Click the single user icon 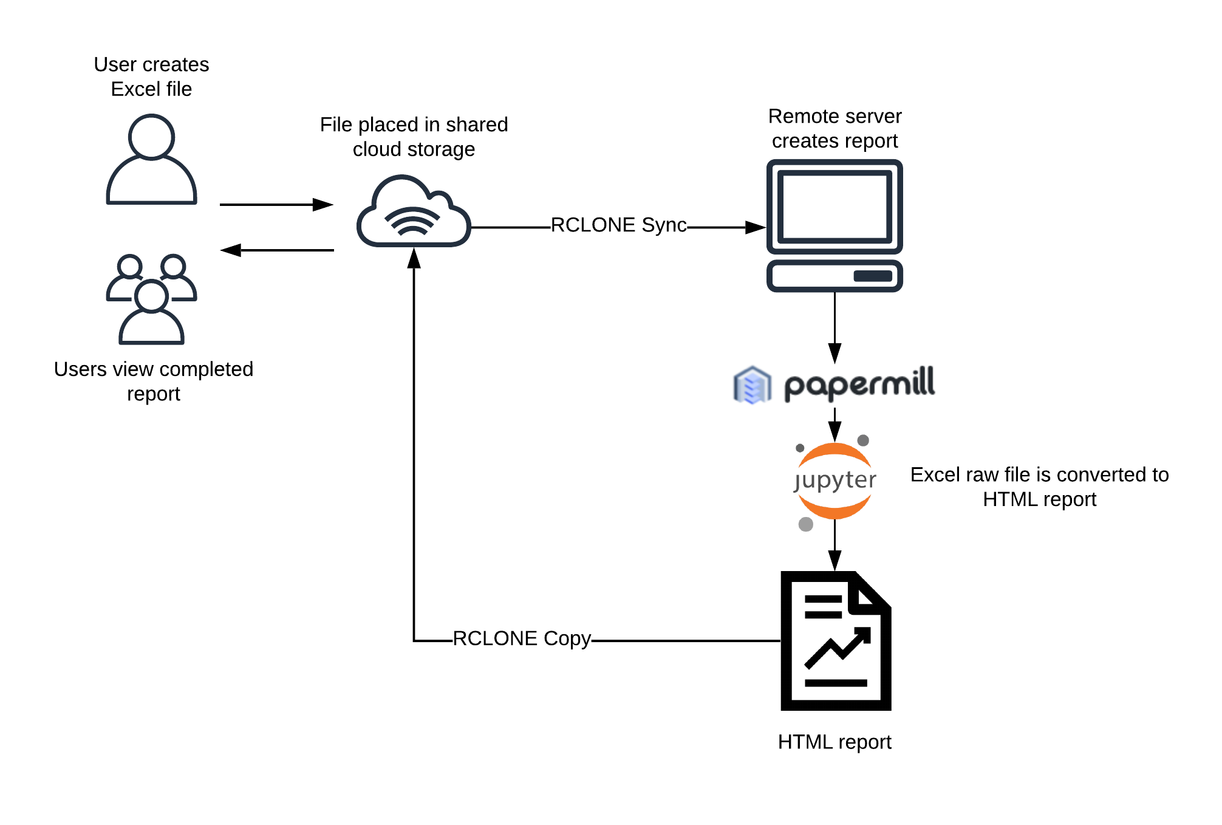point(151,160)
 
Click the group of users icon point(151,299)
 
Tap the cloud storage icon point(414,213)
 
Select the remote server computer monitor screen point(835,207)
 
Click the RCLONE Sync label point(618,225)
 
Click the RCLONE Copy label point(522,638)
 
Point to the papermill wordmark point(859,383)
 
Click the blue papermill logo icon point(752,385)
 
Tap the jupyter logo point(835,481)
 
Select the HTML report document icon point(835,641)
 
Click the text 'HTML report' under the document point(835,742)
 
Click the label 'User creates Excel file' point(151,77)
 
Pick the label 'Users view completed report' point(153,382)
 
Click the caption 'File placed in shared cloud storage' point(414,137)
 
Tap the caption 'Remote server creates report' point(835,128)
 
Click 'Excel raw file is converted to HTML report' point(1039,487)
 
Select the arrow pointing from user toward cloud point(276,205)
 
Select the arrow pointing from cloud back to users point(276,250)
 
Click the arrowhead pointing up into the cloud point(414,258)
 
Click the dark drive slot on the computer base point(872,276)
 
